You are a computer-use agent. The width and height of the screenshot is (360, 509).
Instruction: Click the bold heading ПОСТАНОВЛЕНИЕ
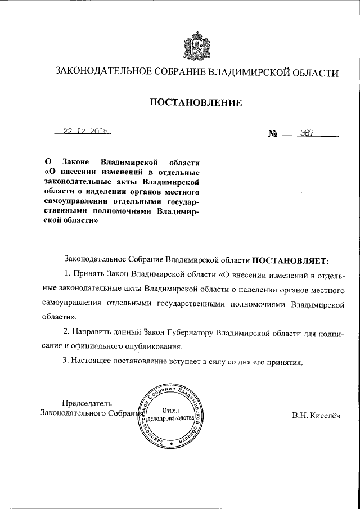pyautogui.click(x=196, y=102)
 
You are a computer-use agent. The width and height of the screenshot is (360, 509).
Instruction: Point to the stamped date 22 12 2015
pyautogui.click(x=86, y=133)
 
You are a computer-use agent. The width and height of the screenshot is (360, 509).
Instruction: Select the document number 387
pyautogui.click(x=307, y=133)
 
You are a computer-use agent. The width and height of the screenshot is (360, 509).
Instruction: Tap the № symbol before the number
pyautogui.click(x=273, y=135)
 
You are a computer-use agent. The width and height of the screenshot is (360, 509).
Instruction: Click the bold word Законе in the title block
pyautogui.click(x=73, y=161)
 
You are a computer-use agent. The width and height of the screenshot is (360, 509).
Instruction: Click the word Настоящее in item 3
pyautogui.click(x=92, y=362)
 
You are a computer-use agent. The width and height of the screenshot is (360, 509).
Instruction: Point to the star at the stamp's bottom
pyautogui.click(x=171, y=445)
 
